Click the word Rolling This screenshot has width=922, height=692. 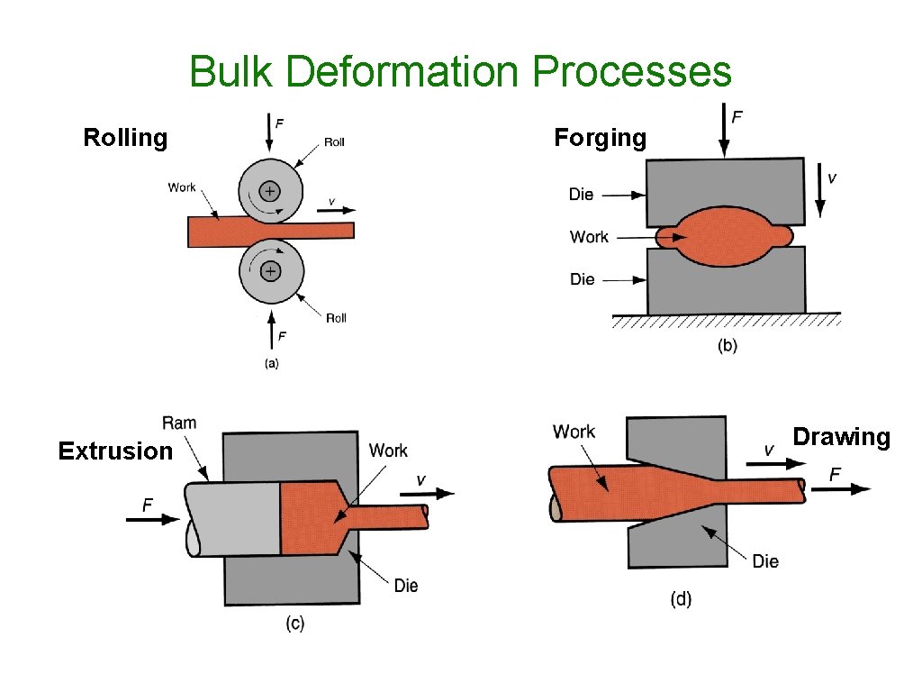point(125,138)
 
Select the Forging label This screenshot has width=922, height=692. point(600,138)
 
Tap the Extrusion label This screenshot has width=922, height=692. point(114,451)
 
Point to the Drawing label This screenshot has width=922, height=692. point(841,437)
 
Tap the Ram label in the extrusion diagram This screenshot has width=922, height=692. point(179,423)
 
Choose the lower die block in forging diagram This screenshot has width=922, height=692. point(726,287)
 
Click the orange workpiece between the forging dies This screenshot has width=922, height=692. point(725,237)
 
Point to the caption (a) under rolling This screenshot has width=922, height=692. point(270,363)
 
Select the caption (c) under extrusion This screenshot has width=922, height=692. point(294,624)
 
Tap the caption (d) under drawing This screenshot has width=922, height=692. point(681,598)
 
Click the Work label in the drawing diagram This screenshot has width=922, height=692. point(574,432)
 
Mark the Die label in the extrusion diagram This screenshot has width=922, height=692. point(406,586)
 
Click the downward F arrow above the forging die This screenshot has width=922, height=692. point(724,131)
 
